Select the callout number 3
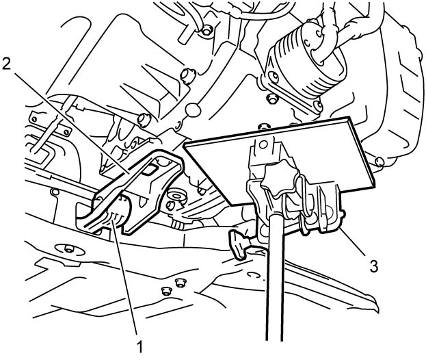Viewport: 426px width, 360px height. [373, 266]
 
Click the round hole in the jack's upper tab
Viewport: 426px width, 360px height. [263, 144]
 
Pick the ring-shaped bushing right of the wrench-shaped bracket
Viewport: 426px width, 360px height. [176, 196]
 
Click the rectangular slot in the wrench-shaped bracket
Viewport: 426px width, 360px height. [149, 170]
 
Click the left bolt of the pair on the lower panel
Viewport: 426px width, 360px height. [165, 291]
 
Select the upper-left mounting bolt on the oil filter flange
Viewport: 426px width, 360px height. [273, 77]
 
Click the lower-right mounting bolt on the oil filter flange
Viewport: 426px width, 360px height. [317, 105]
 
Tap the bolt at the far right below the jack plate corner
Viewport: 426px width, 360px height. [380, 162]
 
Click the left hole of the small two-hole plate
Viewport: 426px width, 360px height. [34, 119]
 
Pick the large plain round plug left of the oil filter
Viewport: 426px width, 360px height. [193, 110]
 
